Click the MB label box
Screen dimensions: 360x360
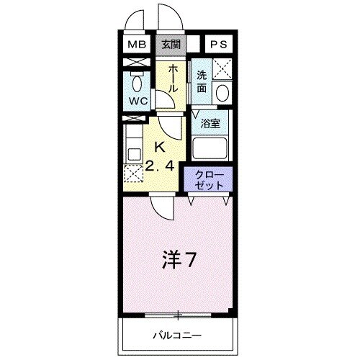(137, 45)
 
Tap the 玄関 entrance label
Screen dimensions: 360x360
(171, 45)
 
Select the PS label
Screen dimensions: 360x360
(219, 45)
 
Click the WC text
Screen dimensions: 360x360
(138, 102)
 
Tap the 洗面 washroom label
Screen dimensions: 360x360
(202, 81)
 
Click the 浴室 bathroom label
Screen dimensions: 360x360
(210, 122)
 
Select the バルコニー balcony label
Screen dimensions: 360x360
(176, 336)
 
